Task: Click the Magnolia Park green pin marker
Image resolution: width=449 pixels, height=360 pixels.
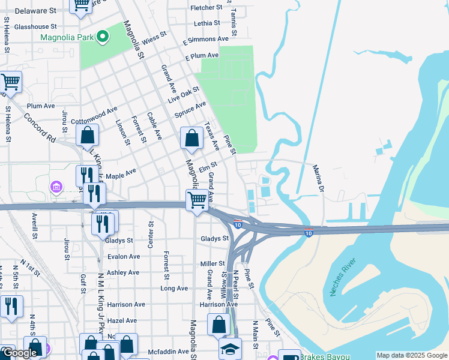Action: click(x=102, y=37)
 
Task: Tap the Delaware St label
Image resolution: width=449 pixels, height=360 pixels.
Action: click(x=35, y=11)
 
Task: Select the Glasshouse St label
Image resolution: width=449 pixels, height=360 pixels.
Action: click(x=35, y=26)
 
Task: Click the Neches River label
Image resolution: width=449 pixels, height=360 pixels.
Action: click(x=343, y=277)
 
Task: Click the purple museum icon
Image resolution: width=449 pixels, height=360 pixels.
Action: click(x=57, y=188)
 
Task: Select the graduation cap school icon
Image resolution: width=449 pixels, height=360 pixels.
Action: click(x=230, y=349)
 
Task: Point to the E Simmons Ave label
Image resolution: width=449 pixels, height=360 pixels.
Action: click(x=207, y=39)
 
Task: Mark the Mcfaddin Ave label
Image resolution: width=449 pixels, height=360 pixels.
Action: click(x=169, y=352)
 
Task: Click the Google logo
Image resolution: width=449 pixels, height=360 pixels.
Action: click(x=20, y=353)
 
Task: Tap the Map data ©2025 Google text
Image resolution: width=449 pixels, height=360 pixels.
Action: click(x=411, y=355)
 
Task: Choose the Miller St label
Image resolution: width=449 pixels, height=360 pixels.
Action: click(x=212, y=264)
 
